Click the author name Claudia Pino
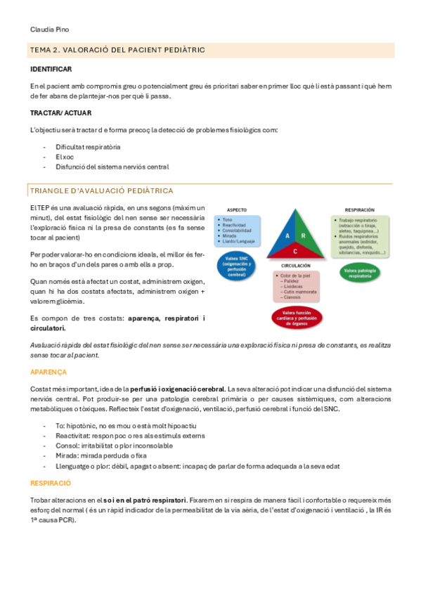(49, 30)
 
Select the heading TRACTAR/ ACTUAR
(60, 112)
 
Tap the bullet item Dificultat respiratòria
(88, 147)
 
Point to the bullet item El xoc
(65, 157)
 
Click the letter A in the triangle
(287, 237)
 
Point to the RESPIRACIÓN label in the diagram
(358, 209)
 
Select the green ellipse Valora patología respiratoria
(360, 271)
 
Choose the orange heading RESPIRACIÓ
(51, 484)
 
